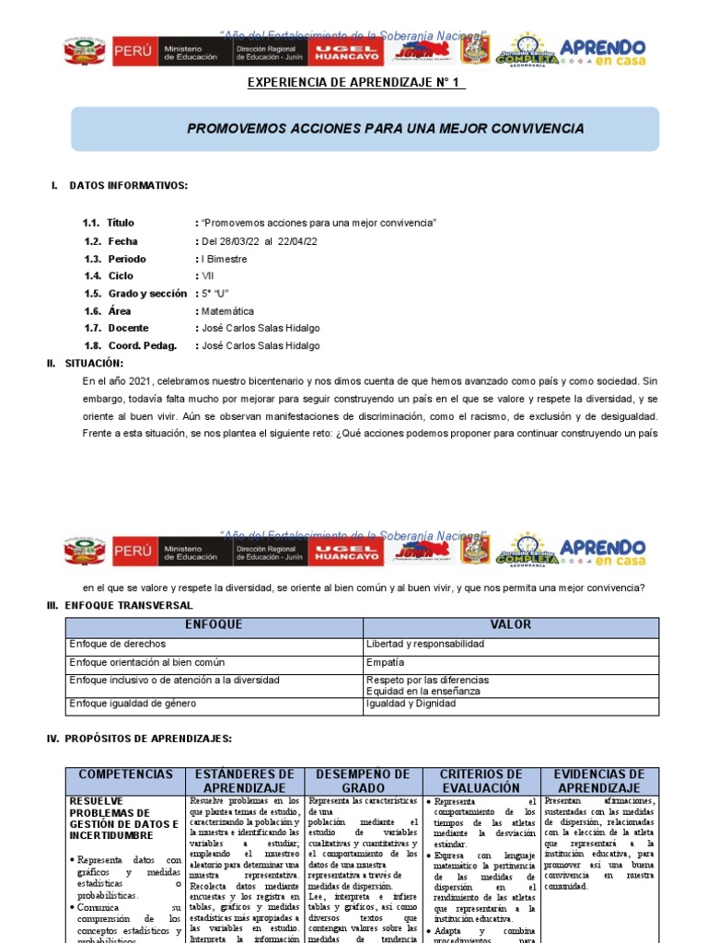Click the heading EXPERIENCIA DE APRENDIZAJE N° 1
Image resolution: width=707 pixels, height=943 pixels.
tap(356, 84)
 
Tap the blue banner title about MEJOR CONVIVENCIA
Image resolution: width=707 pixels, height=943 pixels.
tap(385, 128)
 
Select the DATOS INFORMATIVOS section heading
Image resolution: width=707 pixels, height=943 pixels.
tap(128, 186)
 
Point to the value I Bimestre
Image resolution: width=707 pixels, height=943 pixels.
tap(224, 259)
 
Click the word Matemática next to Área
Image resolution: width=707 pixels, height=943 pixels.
tap(227, 311)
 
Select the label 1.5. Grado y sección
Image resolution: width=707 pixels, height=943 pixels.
tap(134, 294)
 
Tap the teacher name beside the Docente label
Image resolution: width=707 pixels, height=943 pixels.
tap(261, 329)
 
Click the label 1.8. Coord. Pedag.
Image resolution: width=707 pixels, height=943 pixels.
tap(128, 346)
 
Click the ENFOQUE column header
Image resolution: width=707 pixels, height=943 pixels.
tap(214, 625)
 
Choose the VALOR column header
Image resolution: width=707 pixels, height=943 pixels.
tap(510, 625)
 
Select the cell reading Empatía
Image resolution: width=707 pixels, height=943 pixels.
tap(385, 662)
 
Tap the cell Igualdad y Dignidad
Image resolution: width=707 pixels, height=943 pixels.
tap(410, 704)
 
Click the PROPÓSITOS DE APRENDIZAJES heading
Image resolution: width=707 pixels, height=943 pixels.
tap(140, 739)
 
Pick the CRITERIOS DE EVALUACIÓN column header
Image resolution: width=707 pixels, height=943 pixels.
tap(481, 781)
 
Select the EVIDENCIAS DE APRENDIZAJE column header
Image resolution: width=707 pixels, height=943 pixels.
tap(599, 781)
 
